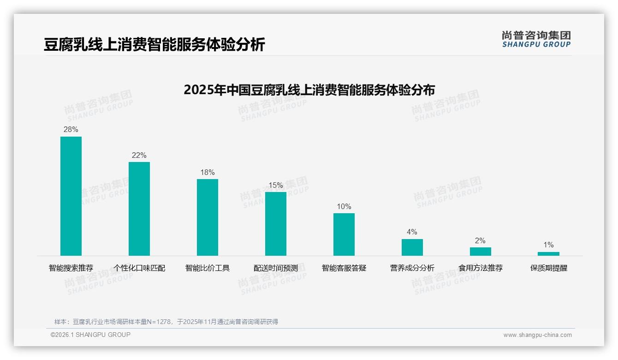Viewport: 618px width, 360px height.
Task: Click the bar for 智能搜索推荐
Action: click(x=71, y=196)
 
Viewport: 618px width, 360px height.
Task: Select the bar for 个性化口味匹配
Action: click(x=139, y=209)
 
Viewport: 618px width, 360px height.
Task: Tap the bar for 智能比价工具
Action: click(x=208, y=217)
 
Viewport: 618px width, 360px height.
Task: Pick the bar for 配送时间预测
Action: click(x=276, y=224)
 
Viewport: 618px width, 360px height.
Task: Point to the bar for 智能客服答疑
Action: click(x=344, y=234)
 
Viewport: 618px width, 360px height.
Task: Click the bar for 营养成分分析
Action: click(x=412, y=247)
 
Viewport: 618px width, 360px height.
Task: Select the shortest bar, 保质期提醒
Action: click(x=548, y=254)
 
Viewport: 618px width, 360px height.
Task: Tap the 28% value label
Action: click(x=71, y=130)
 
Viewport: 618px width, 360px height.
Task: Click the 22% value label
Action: click(x=139, y=156)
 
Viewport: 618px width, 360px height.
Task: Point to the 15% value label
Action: click(x=276, y=186)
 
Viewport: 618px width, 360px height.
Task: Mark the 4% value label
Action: click(x=412, y=232)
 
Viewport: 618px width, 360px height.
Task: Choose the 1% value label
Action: click(x=548, y=245)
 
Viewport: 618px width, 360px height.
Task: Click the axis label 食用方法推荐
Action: click(x=481, y=268)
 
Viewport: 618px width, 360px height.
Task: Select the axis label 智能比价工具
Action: click(x=208, y=268)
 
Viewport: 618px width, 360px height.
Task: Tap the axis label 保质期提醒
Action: click(x=549, y=268)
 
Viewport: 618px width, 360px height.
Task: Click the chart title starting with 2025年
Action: click(x=309, y=90)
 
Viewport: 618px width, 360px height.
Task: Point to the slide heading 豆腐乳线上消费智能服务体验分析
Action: click(x=154, y=45)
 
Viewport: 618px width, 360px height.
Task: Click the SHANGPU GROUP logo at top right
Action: click(x=536, y=39)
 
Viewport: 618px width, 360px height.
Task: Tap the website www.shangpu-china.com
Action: click(x=537, y=335)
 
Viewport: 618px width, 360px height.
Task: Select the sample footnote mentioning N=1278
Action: click(x=166, y=322)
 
